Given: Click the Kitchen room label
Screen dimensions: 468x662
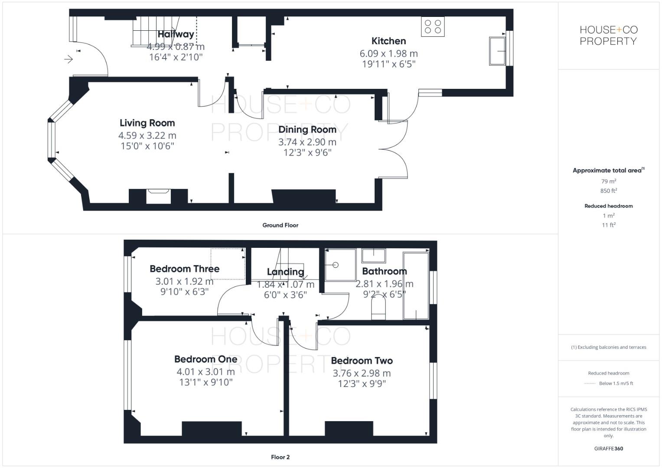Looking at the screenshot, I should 388,41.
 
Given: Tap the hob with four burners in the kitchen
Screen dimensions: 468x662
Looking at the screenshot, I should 433,26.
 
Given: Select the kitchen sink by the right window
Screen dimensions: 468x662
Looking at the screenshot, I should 498,51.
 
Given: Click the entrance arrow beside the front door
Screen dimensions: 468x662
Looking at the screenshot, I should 68,59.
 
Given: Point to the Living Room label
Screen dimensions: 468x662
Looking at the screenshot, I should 147,123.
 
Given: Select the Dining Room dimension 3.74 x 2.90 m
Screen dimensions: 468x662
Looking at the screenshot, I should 307,142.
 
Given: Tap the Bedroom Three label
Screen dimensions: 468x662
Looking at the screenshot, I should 184,269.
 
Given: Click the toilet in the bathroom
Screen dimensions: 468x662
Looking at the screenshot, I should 378,310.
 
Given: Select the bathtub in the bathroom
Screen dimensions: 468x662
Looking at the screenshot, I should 416,286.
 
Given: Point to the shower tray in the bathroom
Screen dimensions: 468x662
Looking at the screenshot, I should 340,265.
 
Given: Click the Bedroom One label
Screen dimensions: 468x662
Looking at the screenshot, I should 205,359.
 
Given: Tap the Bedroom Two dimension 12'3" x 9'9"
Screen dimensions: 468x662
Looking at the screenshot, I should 362,383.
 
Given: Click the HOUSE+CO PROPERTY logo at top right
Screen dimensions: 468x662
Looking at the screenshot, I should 608,36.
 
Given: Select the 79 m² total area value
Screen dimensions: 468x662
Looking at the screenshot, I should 608,182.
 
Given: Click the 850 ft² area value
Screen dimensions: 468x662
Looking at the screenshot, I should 608,191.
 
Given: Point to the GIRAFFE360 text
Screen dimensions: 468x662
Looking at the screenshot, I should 608,448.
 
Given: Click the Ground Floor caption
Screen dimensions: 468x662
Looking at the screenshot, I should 280,225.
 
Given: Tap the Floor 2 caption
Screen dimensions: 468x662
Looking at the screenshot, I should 280,457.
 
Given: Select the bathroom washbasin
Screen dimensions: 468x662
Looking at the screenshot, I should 374,256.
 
